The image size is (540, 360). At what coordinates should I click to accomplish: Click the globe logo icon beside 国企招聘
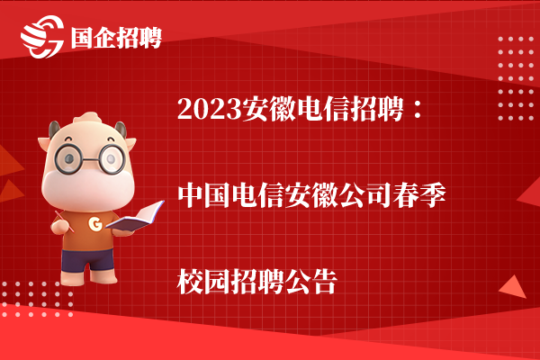coord(42,36)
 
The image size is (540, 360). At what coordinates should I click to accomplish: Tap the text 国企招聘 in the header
coord(116,37)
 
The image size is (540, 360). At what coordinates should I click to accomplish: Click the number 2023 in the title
coord(210,109)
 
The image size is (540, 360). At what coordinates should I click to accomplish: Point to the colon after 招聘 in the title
coord(418,109)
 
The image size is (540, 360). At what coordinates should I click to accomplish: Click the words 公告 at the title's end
coord(311,282)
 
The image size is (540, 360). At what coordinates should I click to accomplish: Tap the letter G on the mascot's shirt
coord(95,224)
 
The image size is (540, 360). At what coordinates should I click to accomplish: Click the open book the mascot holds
coord(135,218)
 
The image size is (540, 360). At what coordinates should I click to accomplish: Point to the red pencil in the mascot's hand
coord(65,221)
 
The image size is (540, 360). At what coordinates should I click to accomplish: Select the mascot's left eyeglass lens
coord(69,159)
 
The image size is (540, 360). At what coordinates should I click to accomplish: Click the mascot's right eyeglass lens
coord(111,158)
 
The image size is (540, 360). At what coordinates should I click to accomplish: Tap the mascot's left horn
coord(54,130)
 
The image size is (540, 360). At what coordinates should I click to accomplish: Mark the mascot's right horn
coord(121,130)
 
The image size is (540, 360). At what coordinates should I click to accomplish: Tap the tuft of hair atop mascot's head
coord(87,118)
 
